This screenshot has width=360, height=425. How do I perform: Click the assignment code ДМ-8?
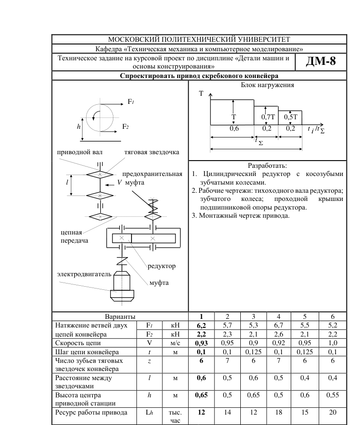pos(321,62)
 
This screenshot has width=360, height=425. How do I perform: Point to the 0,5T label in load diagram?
pos(291,117)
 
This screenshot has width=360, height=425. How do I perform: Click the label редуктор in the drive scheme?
pos(161,266)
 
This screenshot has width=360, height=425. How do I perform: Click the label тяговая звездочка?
pos(152,152)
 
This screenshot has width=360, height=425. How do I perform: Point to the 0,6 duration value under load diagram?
pos(234,129)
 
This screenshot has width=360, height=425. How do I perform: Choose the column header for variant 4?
pos(278,317)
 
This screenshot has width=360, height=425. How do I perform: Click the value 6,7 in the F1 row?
pos(278,325)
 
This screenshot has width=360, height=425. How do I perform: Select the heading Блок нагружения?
pos(267,85)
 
